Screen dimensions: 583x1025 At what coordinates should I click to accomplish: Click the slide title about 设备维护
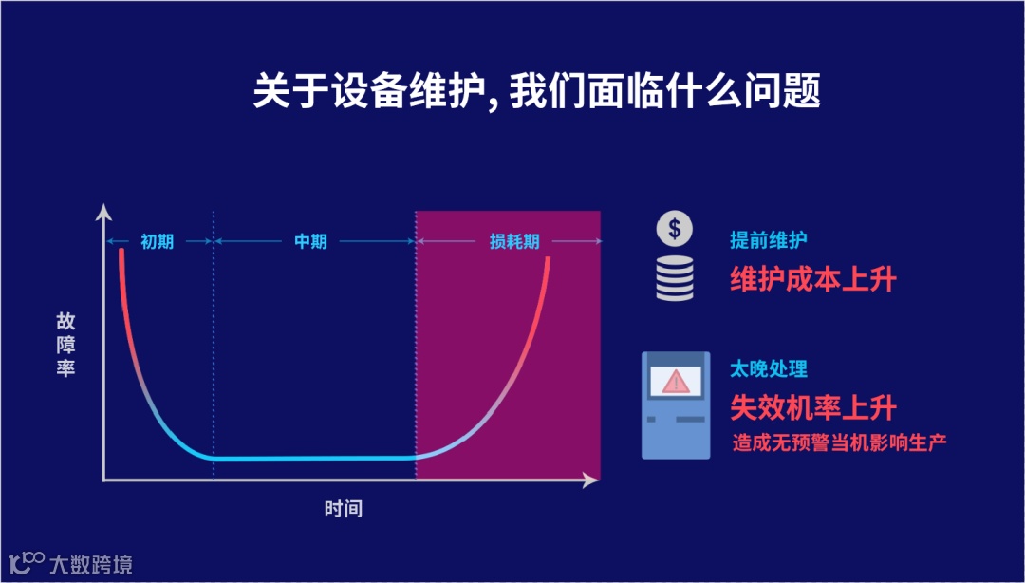coord(536,92)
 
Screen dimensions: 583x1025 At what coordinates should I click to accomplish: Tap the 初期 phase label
coord(158,241)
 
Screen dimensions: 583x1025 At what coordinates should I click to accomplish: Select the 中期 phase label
coord(310,241)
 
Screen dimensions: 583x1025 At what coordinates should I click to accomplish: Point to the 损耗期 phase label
coord(514,241)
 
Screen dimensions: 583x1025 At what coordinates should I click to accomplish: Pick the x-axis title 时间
coord(343,509)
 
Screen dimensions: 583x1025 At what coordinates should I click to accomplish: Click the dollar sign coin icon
coord(674,229)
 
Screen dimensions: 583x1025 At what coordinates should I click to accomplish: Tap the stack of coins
coord(675,279)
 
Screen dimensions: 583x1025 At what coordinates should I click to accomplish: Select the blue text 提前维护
coord(769,240)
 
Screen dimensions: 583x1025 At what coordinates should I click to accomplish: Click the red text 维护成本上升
coord(813,278)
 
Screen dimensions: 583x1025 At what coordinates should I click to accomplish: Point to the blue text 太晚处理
coord(769,368)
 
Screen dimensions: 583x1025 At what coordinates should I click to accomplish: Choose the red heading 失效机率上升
coord(813,407)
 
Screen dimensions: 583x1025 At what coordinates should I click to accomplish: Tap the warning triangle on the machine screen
coord(677,381)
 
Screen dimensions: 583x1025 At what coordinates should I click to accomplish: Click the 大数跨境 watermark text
coord(91,564)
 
